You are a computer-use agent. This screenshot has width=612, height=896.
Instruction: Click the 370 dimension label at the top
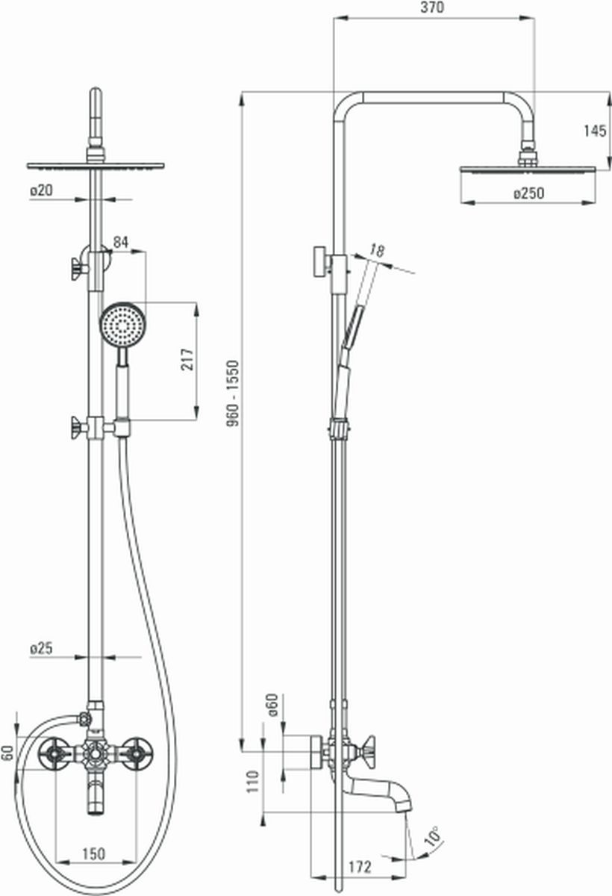click(432, 7)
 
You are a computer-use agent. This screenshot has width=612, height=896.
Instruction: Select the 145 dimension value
click(596, 131)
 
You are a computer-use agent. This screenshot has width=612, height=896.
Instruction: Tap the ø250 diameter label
click(529, 193)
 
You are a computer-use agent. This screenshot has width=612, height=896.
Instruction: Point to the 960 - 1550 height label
click(233, 393)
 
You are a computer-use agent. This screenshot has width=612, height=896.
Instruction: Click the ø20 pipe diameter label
click(42, 190)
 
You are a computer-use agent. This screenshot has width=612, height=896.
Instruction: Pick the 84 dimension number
click(121, 242)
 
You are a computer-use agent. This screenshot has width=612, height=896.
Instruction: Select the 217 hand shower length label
click(187, 359)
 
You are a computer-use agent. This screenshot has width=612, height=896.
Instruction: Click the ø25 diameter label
click(42, 648)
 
